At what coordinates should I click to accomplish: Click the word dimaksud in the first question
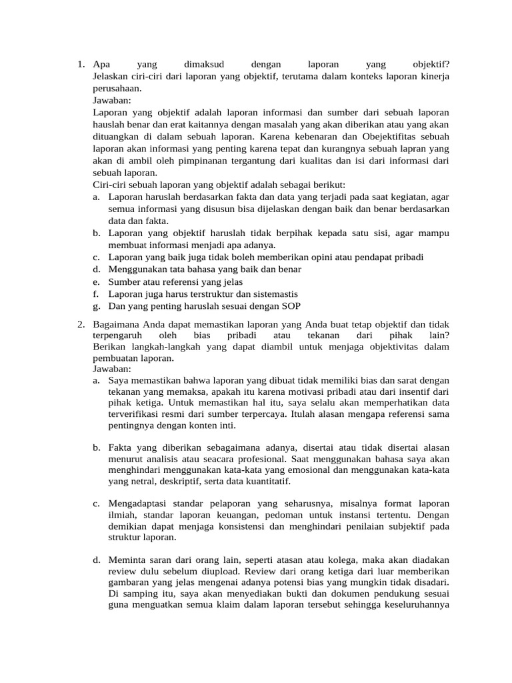pyautogui.click(x=203, y=65)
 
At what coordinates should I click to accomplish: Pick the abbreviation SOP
pyautogui.click(x=291, y=306)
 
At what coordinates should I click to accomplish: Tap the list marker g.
pyautogui.click(x=97, y=306)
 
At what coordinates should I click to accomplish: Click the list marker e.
pyautogui.click(x=97, y=282)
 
